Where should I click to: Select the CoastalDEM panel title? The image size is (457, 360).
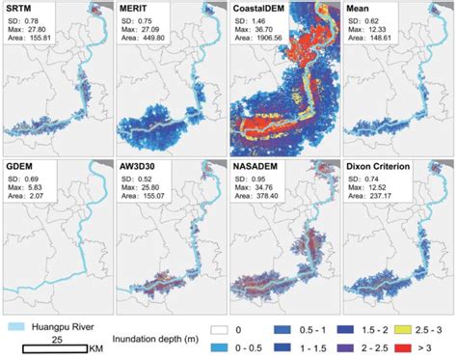(261, 8)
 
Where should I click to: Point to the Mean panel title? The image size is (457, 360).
(361, 8)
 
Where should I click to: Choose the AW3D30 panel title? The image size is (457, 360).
(138, 165)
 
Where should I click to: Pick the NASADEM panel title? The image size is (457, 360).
(256, 165)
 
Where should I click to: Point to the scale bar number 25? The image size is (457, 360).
(57, 339)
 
